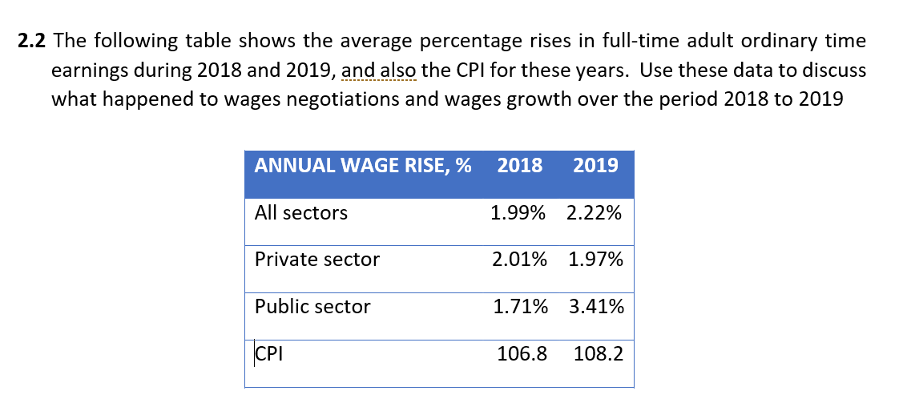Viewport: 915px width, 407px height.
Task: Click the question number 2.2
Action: coord(32,41)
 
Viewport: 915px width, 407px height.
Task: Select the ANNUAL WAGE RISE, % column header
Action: coord(362,166)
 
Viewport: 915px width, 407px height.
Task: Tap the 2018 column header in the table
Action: coord(519,166)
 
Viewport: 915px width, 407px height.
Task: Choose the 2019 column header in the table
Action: coord(596,166)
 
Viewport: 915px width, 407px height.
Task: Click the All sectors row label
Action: coord(301,213)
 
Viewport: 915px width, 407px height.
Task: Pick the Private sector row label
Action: coord(317,260)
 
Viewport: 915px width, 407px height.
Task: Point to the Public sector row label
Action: coord(312,307)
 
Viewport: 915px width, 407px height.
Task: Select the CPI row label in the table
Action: coord(269,353)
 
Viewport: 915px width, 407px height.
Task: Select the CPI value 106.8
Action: coord(522,353)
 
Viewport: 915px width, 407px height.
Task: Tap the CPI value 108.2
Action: coord(599,353)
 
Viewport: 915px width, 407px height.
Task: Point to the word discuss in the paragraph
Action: coord(833,71)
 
